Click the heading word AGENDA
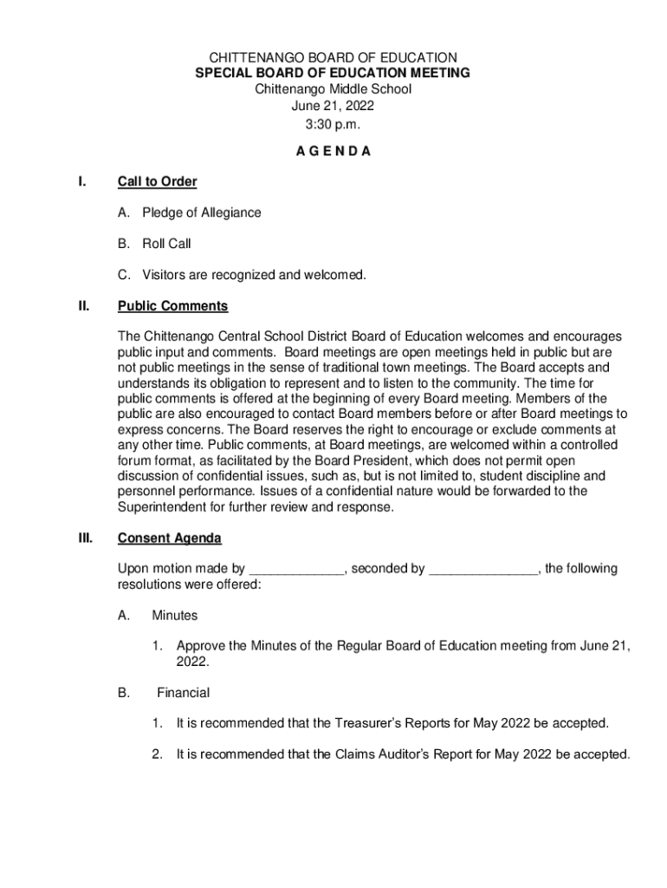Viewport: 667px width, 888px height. pos(333,151)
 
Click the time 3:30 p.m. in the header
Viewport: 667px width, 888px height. pos(333,123)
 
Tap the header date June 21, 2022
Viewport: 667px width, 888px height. pos(333,106)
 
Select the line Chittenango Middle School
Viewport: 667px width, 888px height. pos(333,89)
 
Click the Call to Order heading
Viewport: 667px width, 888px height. pos(157,182)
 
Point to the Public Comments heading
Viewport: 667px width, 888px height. pos(172,306)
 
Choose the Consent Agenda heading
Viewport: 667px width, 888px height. pos(169,539)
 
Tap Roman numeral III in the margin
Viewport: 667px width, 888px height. pos(85,539)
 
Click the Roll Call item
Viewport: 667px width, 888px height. pos(166,245)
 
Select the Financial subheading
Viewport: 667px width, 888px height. pos(183,693)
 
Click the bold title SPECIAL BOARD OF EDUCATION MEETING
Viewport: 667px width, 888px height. pos(333,74)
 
